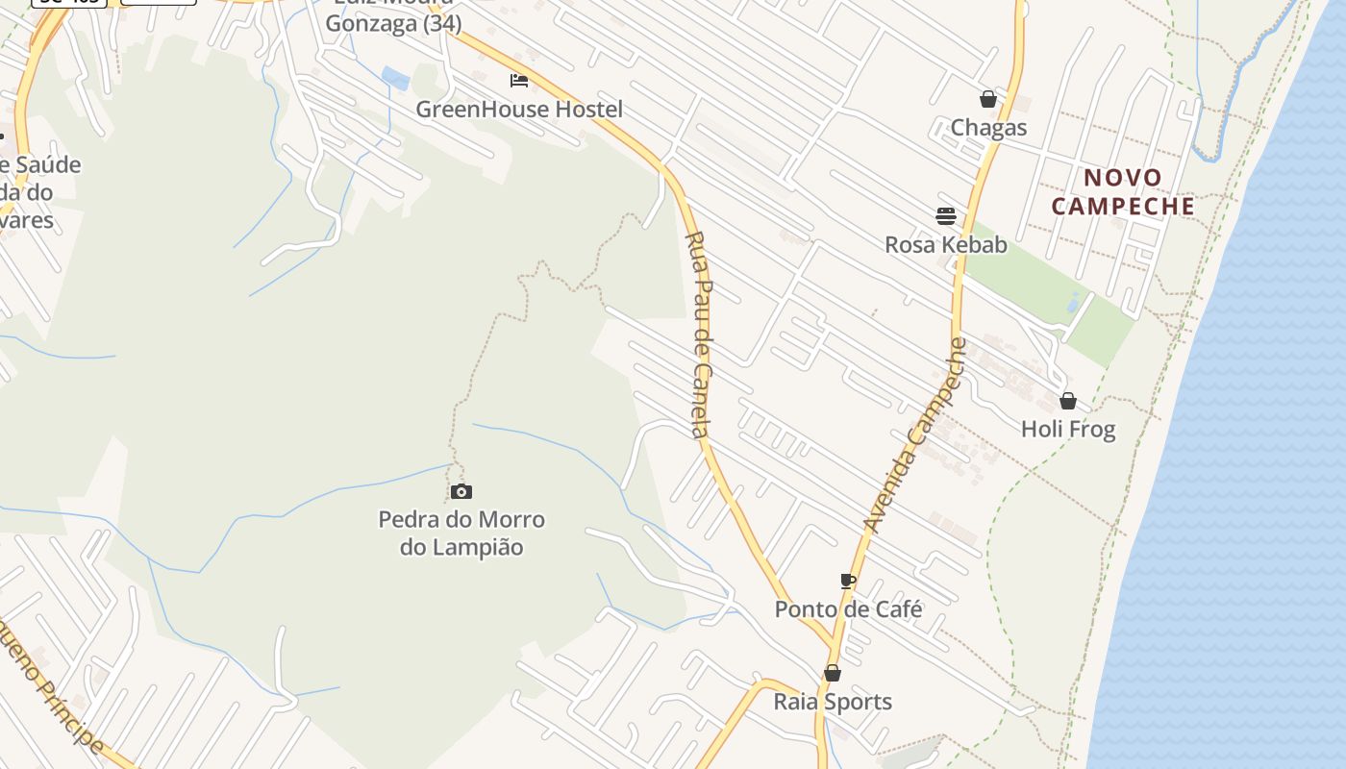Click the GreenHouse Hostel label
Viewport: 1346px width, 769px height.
pos(519,110)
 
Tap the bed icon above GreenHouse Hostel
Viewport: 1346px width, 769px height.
pos(519,81)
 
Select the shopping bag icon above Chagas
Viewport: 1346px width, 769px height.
pos(987,99)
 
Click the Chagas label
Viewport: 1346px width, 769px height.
pos(988,128)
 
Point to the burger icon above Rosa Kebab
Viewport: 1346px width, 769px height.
pos(946,215)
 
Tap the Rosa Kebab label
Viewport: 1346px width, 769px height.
pos(946,244)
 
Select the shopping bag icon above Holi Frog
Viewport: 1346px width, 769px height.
pos(1067,401)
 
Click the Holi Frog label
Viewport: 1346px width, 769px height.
pos(1068,429)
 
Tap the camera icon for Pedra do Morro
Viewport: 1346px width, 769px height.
pos(461,492)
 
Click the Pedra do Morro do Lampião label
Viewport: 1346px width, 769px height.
pos(461,533)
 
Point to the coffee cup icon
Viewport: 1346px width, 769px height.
pos(847,581)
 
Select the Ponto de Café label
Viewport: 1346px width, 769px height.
pos(848,609)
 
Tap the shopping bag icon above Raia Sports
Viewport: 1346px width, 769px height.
pos(833,673)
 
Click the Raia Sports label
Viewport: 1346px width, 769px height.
pos(833,702)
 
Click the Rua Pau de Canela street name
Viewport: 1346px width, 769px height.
pos(702,335)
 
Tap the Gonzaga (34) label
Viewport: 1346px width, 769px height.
pos(393,23)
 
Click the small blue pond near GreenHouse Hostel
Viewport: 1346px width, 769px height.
pos(396,78)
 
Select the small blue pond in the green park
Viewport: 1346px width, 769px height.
pos(1073,304)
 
